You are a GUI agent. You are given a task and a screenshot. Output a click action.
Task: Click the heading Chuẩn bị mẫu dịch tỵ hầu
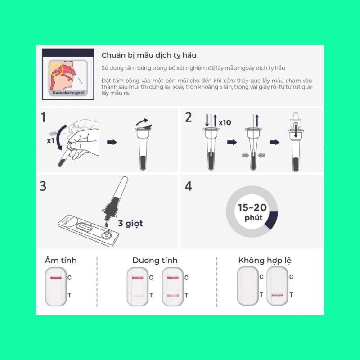pyautogui.click(x=149, y=55)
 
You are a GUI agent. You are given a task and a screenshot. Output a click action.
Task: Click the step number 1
pyautogui.click(x=44, y=118)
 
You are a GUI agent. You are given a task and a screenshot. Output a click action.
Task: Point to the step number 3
pyautogui.click(x=43, y=186)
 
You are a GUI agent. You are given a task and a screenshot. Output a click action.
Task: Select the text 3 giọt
pyautogui.click(x=130, y=223)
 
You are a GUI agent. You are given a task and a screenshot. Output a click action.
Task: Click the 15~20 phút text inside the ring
pyautogui.click(x=252, y=212)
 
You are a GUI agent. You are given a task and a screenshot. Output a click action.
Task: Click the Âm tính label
pyautogui.click(x=61, y=261)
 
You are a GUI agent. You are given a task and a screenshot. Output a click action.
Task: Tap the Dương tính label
pyautogui.click(x=155, y=261)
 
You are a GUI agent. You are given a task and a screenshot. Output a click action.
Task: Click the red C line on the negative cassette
pyautogui.click(x=56, y=278)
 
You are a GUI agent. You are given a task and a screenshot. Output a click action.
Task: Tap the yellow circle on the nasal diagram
pyautogui.click(x=56, y=69)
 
